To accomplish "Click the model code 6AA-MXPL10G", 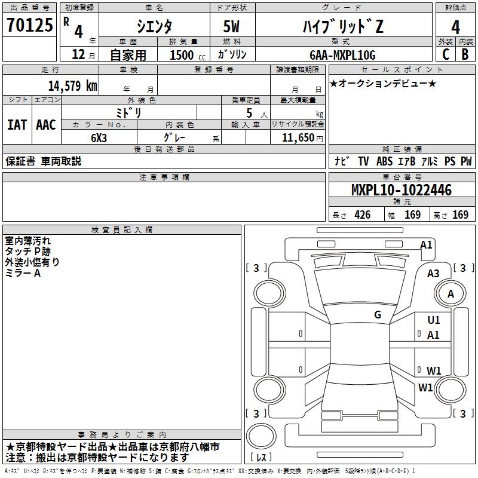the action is (342, 55).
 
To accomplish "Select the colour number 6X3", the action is (99, 137).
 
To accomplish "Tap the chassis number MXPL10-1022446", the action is (401, 190).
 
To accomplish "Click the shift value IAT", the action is (17, 125).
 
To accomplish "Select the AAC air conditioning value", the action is (46, 125).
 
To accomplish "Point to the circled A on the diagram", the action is (451, 294).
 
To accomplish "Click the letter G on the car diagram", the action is (378, 315).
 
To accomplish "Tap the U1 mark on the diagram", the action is (434, 321).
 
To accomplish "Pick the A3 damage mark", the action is (434, 274).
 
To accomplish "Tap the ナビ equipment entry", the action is (342, 161).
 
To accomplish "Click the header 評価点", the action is (456, 8).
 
